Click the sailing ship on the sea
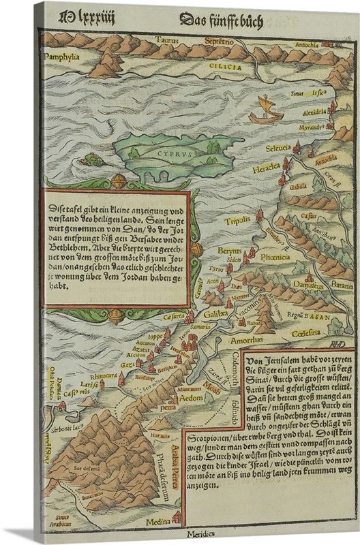coord(265,110)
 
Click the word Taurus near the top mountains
coord(165,40)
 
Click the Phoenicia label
coord(273,257)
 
